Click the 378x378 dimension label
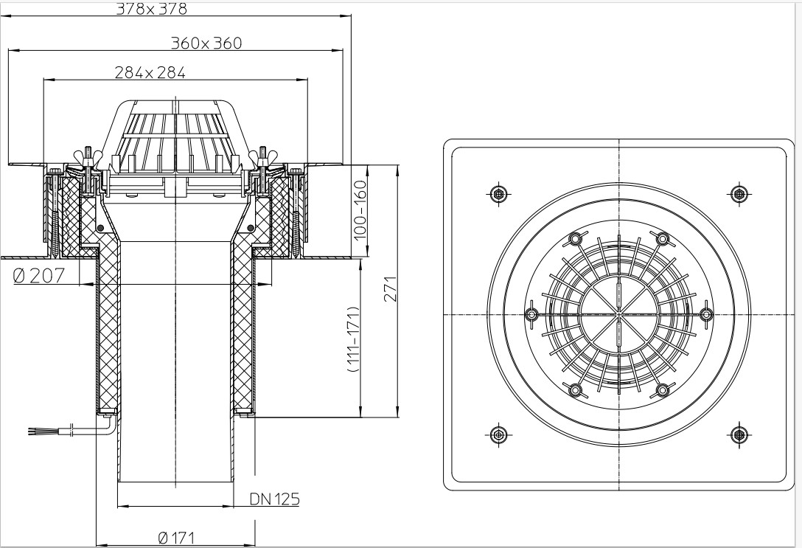(x=151, y=9)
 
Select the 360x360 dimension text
(x=206, y=43)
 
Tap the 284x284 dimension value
(x=150, y=73)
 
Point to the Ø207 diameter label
(x=39, y=277)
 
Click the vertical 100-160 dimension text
(x=360, y=209)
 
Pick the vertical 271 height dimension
(x=391, y=288)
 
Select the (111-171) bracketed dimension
(x=353, y=339)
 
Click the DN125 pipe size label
(x=275, y=499)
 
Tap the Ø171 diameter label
(x=176, y=538)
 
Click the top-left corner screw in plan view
(x=498, y=193)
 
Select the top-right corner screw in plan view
(x=739, y=193)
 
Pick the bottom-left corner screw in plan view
(x=498, y=435)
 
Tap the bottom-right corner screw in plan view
(x=739, y=435)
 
